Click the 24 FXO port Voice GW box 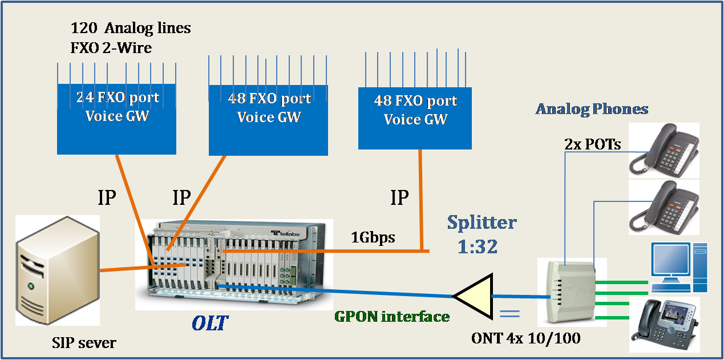point(117,119)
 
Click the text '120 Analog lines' point(130,27)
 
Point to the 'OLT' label point(209,323)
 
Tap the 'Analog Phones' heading point(592,109)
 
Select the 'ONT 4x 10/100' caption point(525,338)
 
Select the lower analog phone point(664,205)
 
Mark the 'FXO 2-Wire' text point(111,47)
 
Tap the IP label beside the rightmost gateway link point(399,197)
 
